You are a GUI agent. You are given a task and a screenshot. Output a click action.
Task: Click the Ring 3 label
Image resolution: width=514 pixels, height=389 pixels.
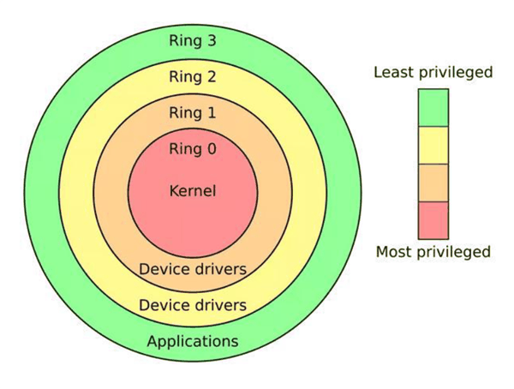192,40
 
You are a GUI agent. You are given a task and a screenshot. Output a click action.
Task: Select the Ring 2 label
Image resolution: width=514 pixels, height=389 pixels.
192,77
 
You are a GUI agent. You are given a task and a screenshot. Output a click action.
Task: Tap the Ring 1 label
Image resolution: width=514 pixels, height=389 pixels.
192,113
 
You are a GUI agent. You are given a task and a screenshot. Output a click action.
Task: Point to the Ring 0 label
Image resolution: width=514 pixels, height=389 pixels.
192,149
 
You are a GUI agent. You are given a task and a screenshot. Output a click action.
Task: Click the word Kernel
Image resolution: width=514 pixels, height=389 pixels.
192,190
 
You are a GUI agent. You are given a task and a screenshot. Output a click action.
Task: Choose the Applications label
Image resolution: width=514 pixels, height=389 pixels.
192,341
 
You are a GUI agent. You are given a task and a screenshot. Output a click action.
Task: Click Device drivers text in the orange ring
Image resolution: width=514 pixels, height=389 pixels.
192,269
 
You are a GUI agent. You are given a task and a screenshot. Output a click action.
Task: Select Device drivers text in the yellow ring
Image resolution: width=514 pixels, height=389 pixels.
192,304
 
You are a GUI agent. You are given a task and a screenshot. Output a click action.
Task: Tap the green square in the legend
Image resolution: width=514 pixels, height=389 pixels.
433,107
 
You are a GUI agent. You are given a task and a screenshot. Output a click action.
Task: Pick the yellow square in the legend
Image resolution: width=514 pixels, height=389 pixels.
433,145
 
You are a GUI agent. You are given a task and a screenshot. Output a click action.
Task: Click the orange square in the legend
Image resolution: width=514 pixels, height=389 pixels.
433,183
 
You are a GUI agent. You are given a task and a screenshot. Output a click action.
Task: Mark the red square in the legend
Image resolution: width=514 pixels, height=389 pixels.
433,219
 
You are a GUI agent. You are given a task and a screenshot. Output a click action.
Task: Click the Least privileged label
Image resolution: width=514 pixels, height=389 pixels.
433,72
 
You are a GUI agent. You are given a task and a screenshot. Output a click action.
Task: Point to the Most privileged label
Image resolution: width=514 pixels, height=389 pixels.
433,252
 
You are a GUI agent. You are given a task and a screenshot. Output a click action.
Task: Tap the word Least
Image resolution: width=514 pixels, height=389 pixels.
392,72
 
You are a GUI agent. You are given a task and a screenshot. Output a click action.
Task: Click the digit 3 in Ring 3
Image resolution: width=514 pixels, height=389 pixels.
211,40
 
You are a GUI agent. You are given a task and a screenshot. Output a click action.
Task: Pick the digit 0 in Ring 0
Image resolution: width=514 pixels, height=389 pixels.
211,149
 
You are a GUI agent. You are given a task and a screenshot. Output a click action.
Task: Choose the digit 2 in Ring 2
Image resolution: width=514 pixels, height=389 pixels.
211,77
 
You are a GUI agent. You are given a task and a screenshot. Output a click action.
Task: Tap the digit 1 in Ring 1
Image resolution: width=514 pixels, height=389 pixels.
211,113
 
